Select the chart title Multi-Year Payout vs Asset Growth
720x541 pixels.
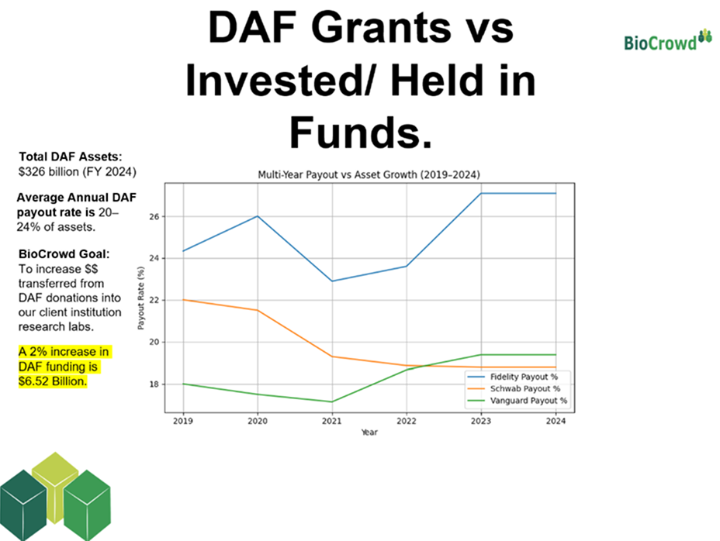(x=369, y=175)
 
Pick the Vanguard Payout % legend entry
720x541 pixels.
(x=517, y=401)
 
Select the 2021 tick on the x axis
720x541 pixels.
(x=332, y=421)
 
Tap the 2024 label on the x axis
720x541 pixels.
(x=556, y=421)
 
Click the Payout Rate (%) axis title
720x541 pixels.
(x=141, y=298)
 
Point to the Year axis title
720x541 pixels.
(x=369, y=432)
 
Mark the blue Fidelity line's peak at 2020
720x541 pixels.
(x=258, y=216)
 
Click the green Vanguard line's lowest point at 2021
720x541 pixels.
(x=332, y=401)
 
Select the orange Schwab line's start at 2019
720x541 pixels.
(x=183, y=300)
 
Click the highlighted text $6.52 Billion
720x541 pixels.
(x=52, y=382)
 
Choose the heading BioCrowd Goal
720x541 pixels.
(x=64, y=253)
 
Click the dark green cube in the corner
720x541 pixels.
(x=23, y=505)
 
